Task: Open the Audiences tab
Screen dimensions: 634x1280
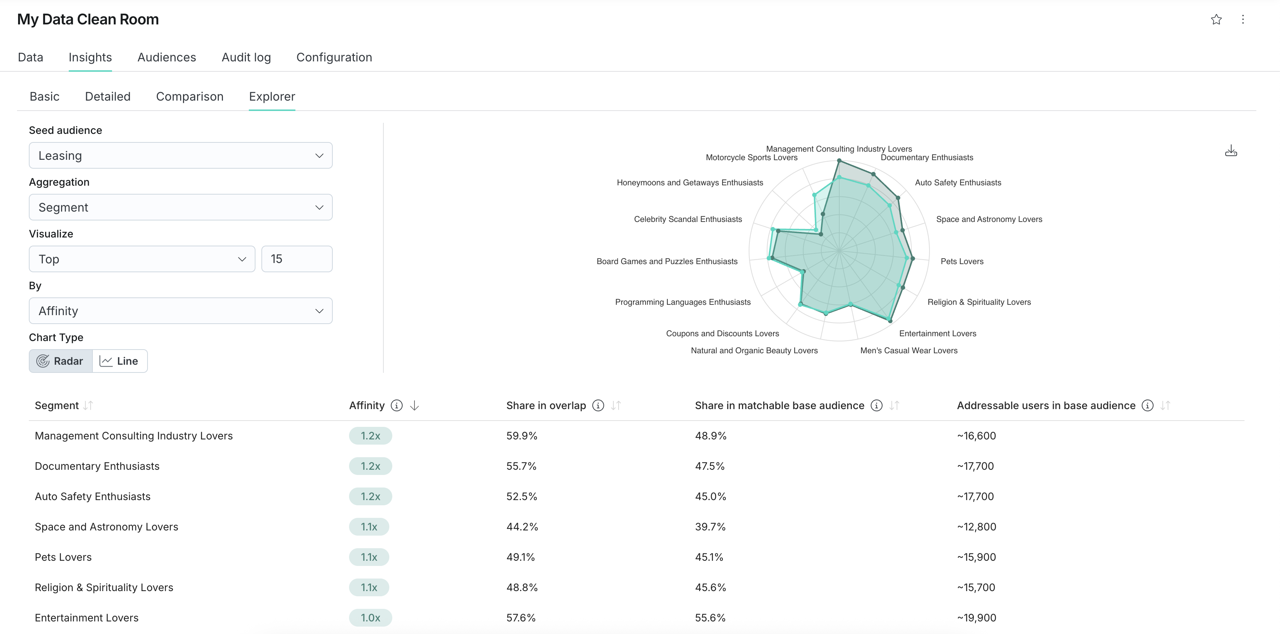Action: (x=166, y=57)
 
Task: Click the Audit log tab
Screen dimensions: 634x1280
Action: (x=246, y=57)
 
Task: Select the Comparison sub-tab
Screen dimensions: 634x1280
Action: (x=189, y=97)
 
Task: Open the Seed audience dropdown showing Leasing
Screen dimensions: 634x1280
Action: (x=180, y=156)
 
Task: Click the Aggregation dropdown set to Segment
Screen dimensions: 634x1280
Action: (x=180, y=208)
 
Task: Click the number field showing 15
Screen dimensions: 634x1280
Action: (x=297, y=259)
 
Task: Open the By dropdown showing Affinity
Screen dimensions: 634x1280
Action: (x=180, y=311)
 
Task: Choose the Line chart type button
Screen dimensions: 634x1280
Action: (x=120, y=361)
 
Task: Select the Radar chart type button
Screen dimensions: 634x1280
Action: (x=61, y=361)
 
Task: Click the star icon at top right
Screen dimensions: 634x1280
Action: (x=1216, y=19)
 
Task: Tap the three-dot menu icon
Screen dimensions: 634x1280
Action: (x=1243, y=19)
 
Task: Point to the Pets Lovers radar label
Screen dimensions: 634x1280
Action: (x=962, y=262)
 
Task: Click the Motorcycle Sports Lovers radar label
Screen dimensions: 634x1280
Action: (x=751, y=158)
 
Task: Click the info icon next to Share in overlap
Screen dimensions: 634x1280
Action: (x=598, y=406)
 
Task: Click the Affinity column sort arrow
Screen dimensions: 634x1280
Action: (x=414, y=406)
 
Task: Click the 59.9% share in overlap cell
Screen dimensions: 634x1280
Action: (x=522, y=436)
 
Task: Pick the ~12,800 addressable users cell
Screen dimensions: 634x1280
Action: (x=976, y=527)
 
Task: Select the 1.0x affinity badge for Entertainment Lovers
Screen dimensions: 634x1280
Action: (x=370, y=618)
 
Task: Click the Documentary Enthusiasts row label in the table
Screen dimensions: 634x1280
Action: (x=97, y=466)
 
